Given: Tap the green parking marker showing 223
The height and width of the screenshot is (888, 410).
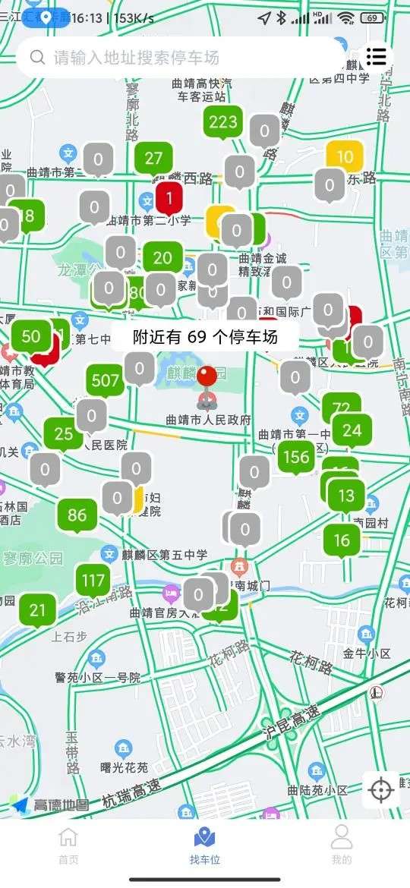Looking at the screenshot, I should click(x=223, y=121).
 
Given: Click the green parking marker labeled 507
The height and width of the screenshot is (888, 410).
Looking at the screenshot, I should click(x=106, y=380).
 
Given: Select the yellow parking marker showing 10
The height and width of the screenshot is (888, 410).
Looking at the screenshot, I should click(x=345, y=157).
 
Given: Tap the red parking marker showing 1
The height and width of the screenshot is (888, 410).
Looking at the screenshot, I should click(x=169, y=198).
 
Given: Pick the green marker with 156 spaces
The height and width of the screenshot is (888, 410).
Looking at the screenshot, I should click(x=296, y=456).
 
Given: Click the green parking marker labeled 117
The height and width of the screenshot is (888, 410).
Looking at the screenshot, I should click(x=93, y=581).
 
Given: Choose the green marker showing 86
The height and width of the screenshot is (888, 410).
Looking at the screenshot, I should click(x=77, y=515).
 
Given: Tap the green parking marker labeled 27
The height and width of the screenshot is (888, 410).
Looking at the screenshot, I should click(x=153, y=158).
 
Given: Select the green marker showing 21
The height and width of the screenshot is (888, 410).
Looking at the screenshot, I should click(x=37, y=609).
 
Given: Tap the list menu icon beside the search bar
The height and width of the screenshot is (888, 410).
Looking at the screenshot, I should click(x=376, y=56).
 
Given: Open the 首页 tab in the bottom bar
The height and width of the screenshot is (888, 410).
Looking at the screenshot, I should click(x=68, y=845).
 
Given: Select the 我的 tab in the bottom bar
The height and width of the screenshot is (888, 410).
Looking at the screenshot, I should click(x=342, y=845).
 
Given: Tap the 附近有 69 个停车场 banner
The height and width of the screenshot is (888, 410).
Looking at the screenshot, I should click(x=205, y=338).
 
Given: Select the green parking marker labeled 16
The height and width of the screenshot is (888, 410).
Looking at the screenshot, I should click(x=342, y=540).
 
